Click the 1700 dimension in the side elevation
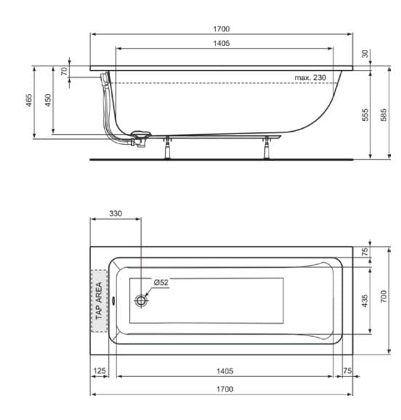(x=221, y=28)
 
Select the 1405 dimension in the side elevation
(x=222, y=44)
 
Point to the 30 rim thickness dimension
(x=365, y=54)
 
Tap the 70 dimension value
(x=64, y=71)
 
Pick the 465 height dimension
(x=28, y=100)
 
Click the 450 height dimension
(x=48, y=100)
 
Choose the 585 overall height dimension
(x=385, y=114)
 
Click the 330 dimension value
(x=116, y=213)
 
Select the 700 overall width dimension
(x=385, y=296)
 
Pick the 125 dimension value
(x=100, y=371)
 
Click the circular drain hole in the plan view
(x=141, y=300)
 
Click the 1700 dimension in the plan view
(x=225, y=389)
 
